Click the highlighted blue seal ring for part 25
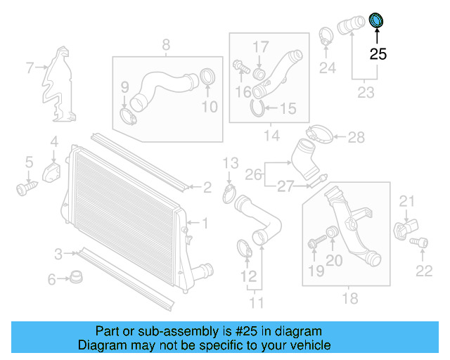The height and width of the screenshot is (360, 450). (378, 20)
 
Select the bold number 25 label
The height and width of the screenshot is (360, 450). (378, 53)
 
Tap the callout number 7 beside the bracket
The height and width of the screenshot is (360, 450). (30, 68)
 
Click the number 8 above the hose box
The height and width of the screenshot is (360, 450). (166, 45)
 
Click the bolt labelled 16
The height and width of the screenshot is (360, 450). (240, 67)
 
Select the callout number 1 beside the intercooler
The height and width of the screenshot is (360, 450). (205, 224)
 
